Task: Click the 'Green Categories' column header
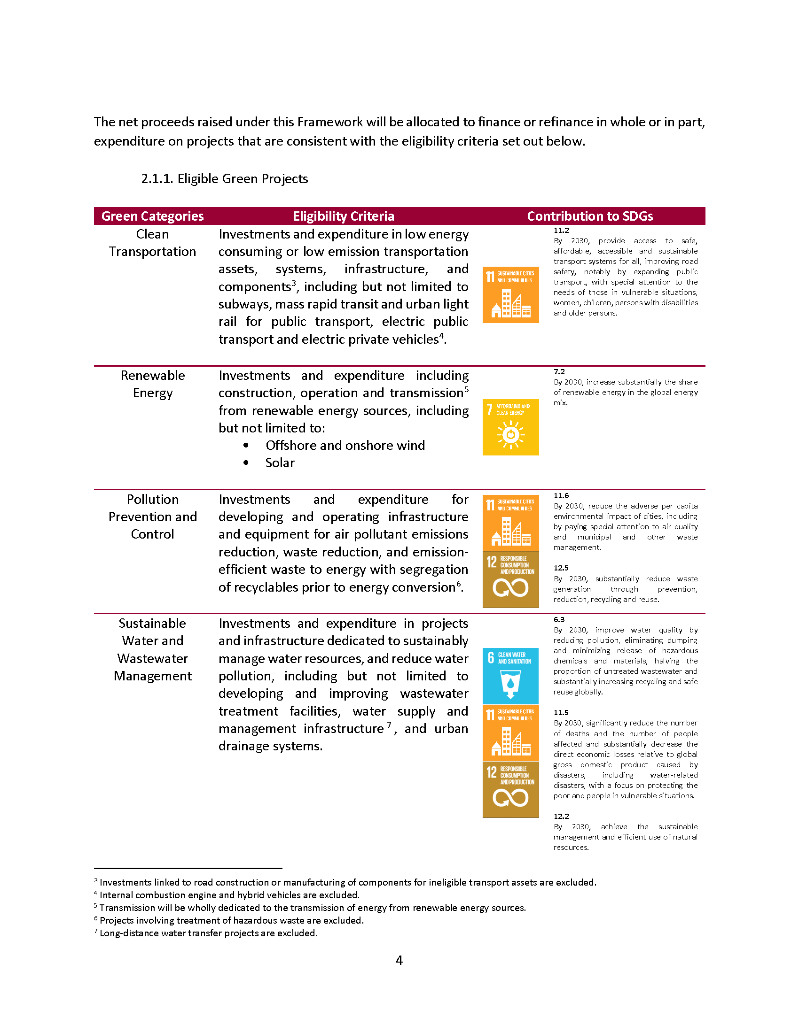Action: (152, 216)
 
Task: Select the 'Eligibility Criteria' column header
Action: (343, 216)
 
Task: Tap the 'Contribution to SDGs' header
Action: (590, 216)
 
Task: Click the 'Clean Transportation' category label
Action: (152, 243)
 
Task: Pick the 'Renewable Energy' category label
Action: (152, 384)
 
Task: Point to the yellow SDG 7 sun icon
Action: (510, 427)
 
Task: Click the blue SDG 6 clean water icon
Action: (510, 675)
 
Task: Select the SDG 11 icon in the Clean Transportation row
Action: (510, 295)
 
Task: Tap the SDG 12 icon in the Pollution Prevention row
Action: (510, 579)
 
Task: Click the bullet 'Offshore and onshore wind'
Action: (345, 445)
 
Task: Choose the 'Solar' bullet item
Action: (280, 463)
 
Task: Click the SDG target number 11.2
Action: (561, 231)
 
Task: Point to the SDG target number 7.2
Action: (559, 372)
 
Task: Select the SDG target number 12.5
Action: (561, 568)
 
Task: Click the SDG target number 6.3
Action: (559, 620)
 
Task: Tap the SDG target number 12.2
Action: (561, 816)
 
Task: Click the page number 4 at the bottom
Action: (399, 960)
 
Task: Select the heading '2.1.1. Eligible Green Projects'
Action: (224, 179)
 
